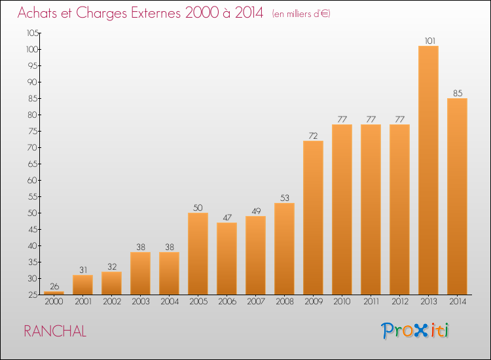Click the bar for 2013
pos(428,170)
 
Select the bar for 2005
pos(198,253)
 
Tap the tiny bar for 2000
pos(54,293)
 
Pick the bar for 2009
pos(313,217)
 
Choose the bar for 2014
pos(457,196)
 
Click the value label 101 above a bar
pos(430,41)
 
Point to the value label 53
pos(285,198)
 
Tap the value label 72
pos(313,136)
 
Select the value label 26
pos(54,286)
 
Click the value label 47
pos(227,217)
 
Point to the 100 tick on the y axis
pos(32,50)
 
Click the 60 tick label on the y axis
pos(33,180)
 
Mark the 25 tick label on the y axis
pos(33,295)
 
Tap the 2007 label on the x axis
pos(256,302)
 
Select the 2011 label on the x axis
pos(371,302)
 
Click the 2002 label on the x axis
pos(112,302)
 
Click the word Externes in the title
pos(156,13)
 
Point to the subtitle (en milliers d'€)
pos(301,14)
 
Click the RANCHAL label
pos(55,331)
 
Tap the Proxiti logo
pos(415,331)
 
